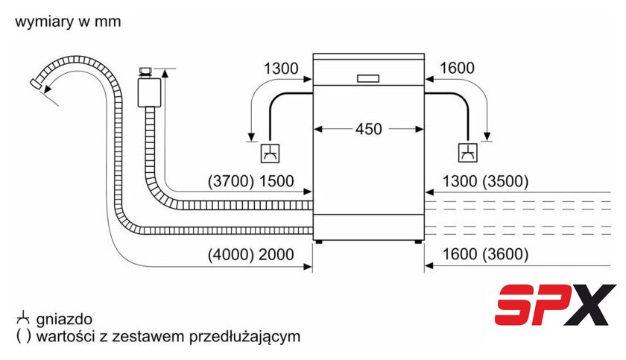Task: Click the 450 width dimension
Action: [368, 129]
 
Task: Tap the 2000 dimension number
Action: [276, 255]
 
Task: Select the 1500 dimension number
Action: [276, 181]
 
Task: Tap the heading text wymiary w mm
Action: [67, 22]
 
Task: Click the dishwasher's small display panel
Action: [368, 78]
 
